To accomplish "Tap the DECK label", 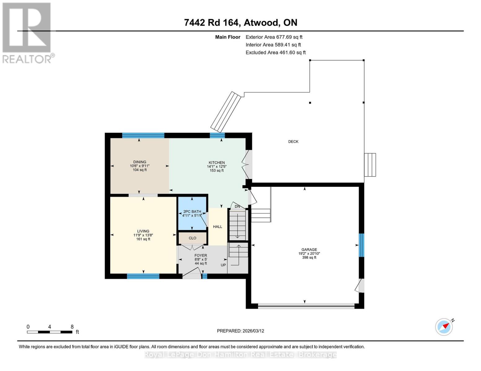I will [x=293, y=142].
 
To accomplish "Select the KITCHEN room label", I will [x=216, y=163].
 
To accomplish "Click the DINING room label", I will [x=140, y=162].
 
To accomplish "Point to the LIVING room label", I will [x=143, y=231].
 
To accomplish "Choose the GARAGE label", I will [x=309, y=249].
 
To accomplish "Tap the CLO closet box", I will [x=192, y=238].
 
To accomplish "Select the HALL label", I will [x=217, y=227].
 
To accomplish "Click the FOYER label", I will [x=201, y=255].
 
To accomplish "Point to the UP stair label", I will [x=223, y=265].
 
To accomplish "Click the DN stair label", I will [x=237, y=206].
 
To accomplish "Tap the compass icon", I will [x=444, y=327].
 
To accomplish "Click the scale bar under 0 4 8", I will [x=50, y=332].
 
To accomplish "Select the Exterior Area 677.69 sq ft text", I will [x=274, y=37].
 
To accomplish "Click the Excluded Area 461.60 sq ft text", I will [x=275, y=53].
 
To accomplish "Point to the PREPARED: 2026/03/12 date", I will [x=240, y=331].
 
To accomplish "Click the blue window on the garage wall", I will [x=361, y=245].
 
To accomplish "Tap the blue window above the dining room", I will [x=143, y=135].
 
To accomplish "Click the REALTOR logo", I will [x=27, y=32].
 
